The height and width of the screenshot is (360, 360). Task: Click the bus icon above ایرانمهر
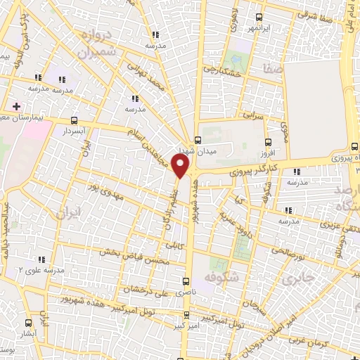point(259,18)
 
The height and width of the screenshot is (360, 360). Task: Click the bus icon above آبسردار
point(75,120)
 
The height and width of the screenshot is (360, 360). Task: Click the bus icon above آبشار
point(28,323)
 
